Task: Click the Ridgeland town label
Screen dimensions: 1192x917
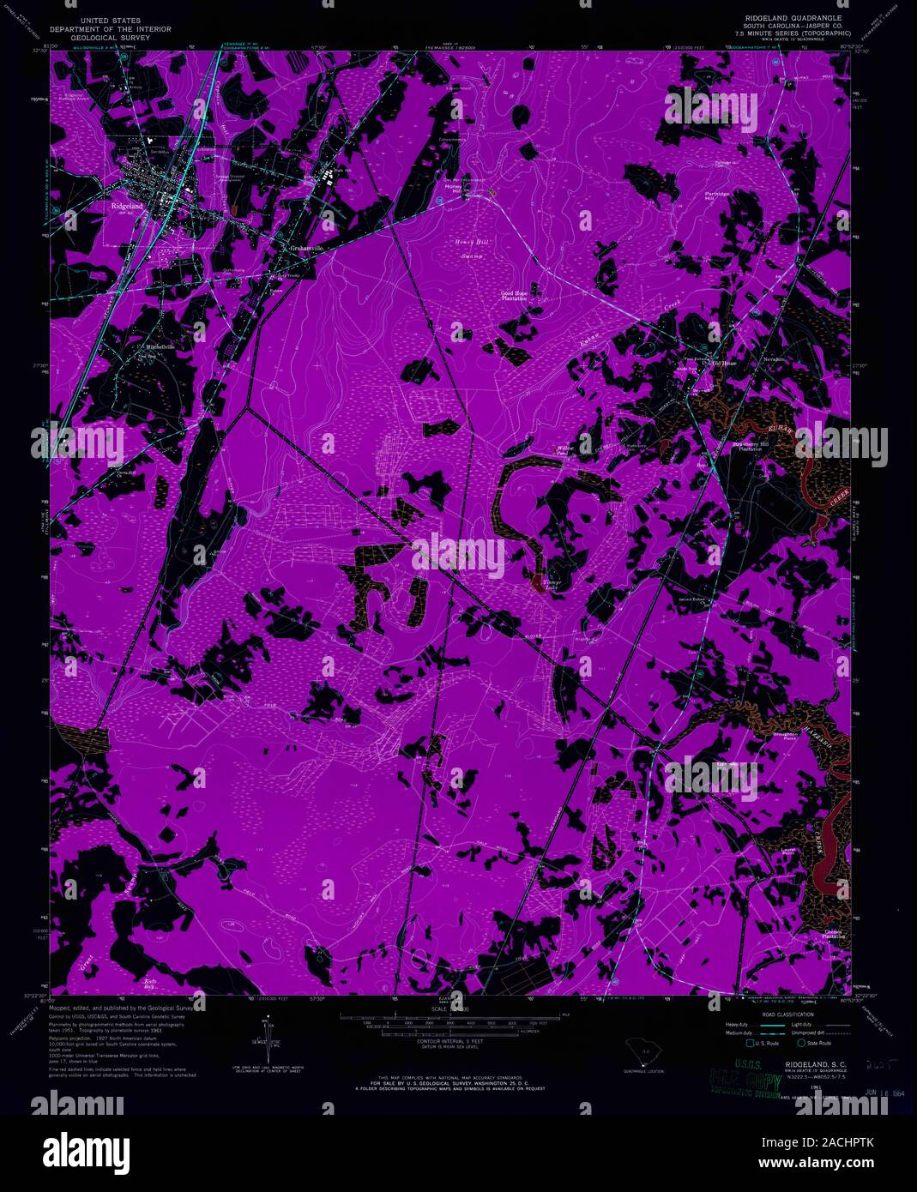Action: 126,207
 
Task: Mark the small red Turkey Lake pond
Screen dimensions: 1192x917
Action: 538,585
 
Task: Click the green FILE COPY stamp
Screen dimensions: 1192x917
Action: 749,1083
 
